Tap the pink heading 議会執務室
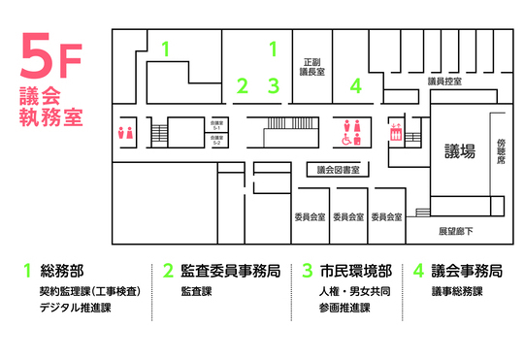pyautogui.click(x=49, y=107)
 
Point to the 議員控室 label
pyautogui.click(x=443, y=82)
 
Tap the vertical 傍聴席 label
pyautogui.click(x=501, y=149)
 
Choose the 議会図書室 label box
pyautogui.click(x=339, y=169)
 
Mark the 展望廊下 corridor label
pyautogui.click(x=455, y=231)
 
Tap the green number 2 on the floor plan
pyautogui.click(x=243, y=85)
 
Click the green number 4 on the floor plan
pyautogui.click(x=356, y=85)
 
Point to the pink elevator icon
pyautogui.click(x=395, y=132)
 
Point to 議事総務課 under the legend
pyautogui.click(x=457, y=290)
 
